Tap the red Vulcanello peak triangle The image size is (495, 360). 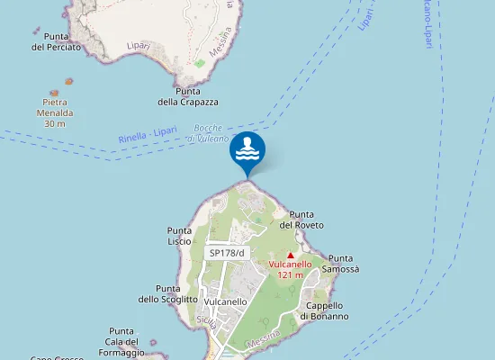click(x=290, y=256)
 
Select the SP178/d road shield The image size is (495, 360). click(x=227, y=254)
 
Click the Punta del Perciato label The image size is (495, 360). click(x=56, y=41)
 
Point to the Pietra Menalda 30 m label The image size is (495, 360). click(x=55, y=112)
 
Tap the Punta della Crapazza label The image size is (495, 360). click(x=188, y=96)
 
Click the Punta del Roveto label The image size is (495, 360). click(x=301, y=219)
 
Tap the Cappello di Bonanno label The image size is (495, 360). click(x=324, y=310)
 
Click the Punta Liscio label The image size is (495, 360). click(x=180, y=237)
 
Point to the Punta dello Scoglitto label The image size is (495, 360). click(x=167, y=293)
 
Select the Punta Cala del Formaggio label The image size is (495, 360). click(x=121, y=342)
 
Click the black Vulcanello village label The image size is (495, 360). click(x=226, y=302)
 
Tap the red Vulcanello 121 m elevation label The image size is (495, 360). click(x=290, y=269)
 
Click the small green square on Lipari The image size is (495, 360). click(x=200, y=63)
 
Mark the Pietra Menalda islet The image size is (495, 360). click(x=55, y=93)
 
